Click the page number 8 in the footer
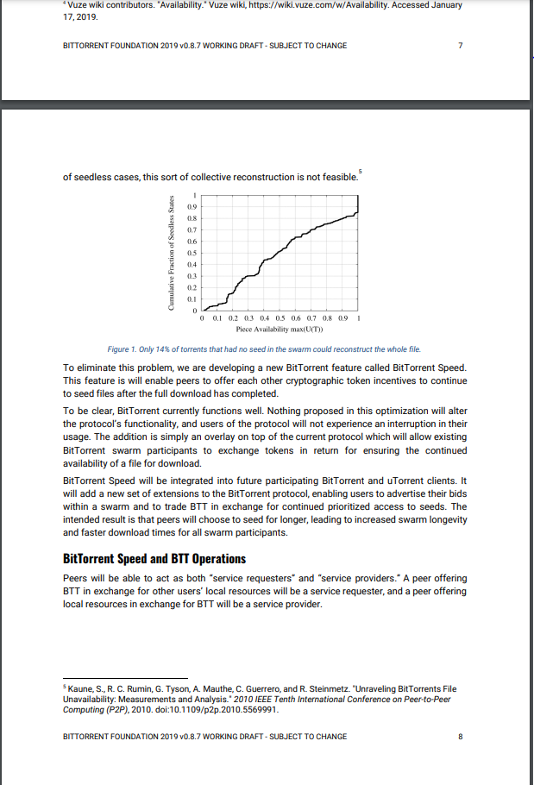461,737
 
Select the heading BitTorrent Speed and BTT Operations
155,559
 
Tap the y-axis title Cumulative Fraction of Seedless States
173,254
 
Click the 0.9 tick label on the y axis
193,207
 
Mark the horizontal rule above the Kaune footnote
126,677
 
